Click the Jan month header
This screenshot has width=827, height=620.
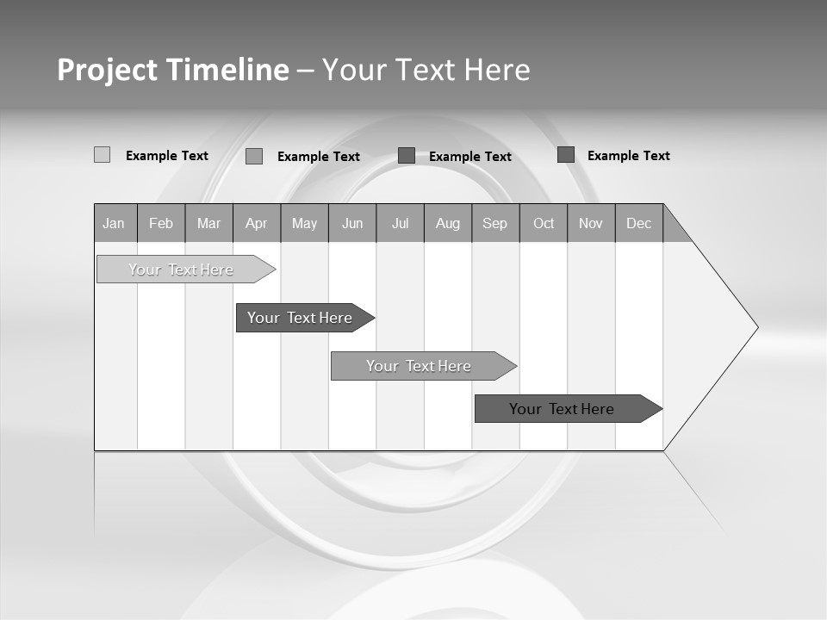point(115,223)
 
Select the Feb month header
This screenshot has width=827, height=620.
point(161,223)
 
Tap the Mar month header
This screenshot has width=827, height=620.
point(208,223)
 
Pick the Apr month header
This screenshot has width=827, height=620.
point(257,223)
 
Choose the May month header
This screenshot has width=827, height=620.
point(304,223)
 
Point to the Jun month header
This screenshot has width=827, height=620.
point(352,223)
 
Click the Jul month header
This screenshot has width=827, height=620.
point(400,223)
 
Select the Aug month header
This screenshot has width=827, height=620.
point(448,223)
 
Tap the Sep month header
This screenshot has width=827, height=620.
point(495,223)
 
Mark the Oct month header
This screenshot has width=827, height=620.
point(544,223)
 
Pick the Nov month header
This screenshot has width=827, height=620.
point(591,223)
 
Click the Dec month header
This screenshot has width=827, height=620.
point(639,223)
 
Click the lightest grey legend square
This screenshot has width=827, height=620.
point(102,155)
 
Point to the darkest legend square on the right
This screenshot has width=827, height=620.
point(566,155)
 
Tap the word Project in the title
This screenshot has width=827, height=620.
point(107,70)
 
